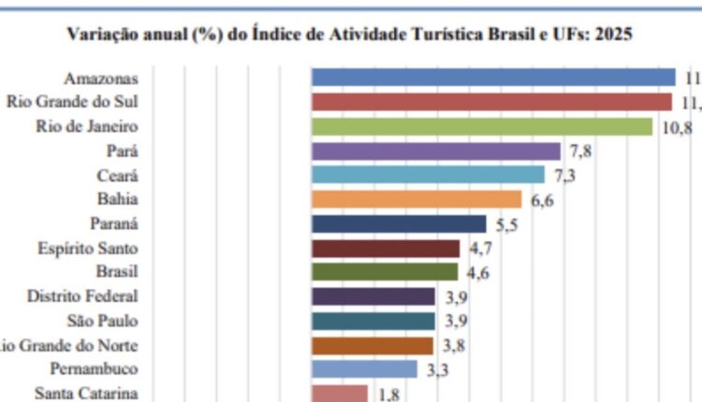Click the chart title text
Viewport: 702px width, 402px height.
coord(350,36)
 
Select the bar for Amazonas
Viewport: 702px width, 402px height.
coord(493,78)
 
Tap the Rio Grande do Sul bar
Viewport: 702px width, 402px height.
coord(491,102)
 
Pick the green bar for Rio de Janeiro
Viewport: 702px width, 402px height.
coord(481,126)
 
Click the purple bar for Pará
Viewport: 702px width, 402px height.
coord(435,151)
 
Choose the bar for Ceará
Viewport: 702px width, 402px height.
coord(428,175)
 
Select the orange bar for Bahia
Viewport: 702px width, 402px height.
coord(416,199)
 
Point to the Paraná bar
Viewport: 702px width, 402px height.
coord(399,223)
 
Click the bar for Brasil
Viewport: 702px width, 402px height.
coord(385,272)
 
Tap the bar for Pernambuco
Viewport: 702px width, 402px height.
coord(364,369)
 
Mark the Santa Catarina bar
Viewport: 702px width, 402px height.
coord(339,394)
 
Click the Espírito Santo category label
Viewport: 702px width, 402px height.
coord(89,248)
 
